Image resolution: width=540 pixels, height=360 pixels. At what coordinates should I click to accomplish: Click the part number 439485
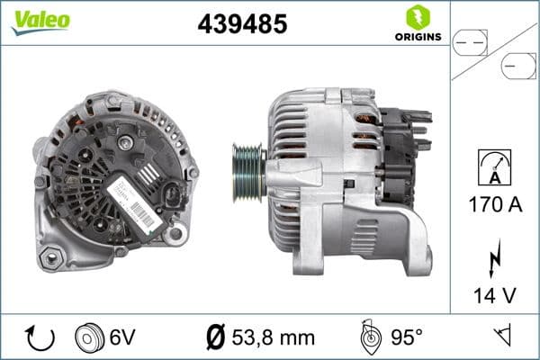click(x=242, y=24)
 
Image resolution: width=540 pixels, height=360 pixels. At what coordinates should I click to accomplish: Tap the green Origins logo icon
click(x=416, y=16)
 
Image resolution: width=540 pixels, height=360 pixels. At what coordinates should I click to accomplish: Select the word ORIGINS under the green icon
click(x=417, y=37)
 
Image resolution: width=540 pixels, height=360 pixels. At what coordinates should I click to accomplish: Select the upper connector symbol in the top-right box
click(x=469, y=40)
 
